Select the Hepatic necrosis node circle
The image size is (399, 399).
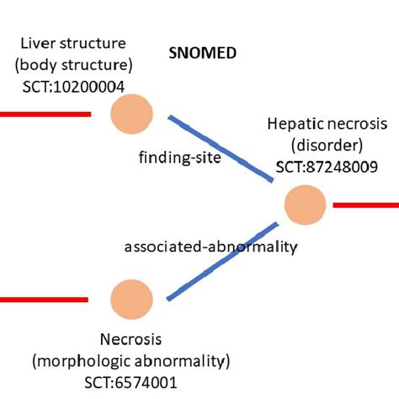(x=305, y=205)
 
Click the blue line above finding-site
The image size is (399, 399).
(x=221, y=147)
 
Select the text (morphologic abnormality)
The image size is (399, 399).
(x=131, y=362)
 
